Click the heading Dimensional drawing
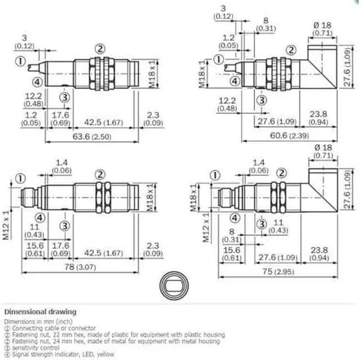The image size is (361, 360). (x=40, y=312)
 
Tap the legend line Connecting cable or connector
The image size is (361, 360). (x=50, y=328)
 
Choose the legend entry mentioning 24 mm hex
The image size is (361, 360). (x=113, y=341)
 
